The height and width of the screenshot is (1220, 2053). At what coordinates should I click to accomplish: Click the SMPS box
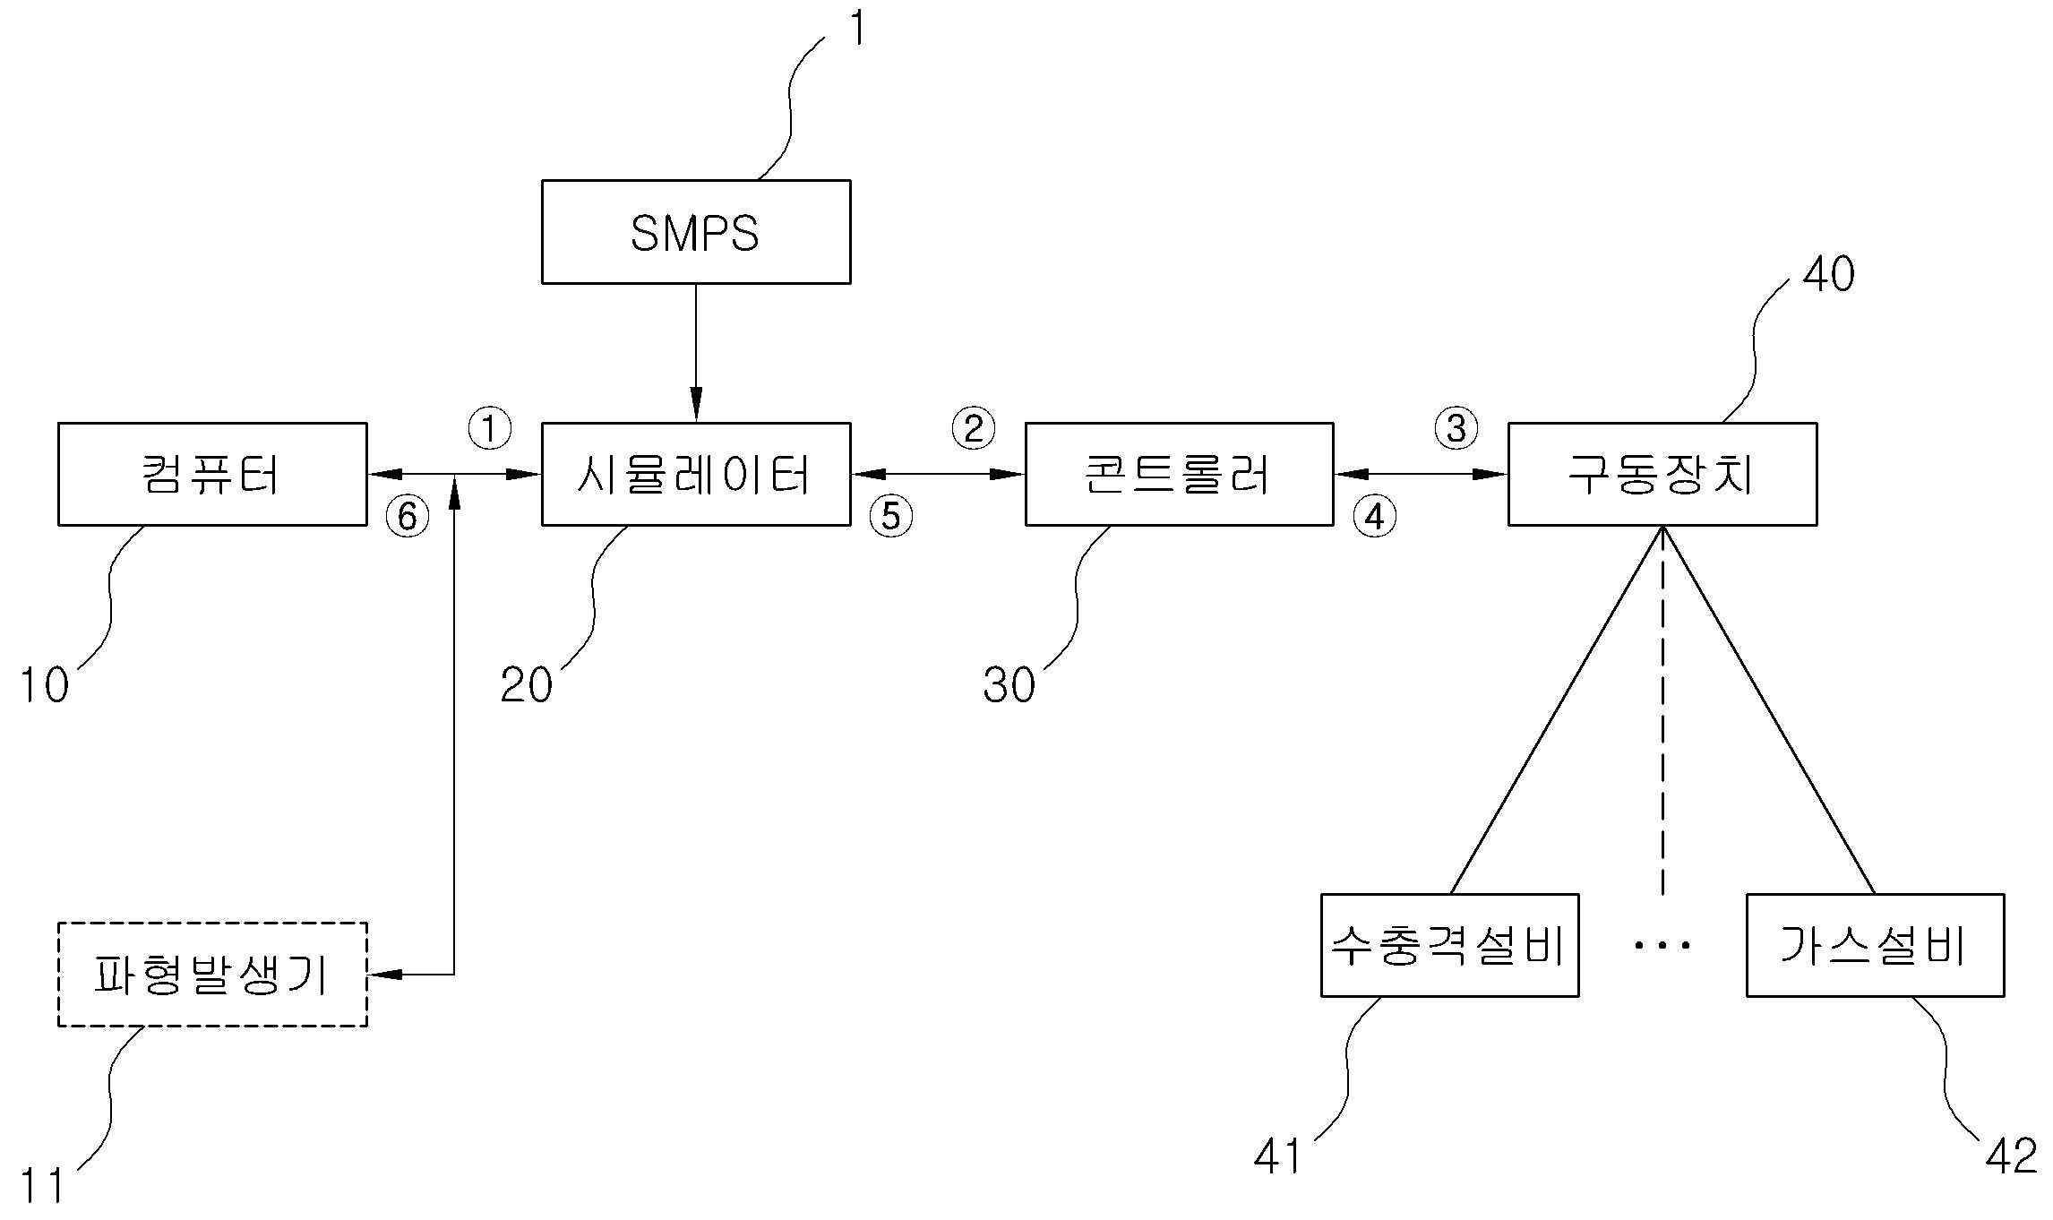(x=695, y=232)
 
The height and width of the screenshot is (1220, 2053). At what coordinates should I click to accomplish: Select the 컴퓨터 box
(x=212, y=474)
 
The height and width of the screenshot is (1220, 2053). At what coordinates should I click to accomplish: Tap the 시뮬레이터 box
(x=695, y=474)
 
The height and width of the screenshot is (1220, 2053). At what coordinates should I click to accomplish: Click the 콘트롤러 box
(x=1179, y=474)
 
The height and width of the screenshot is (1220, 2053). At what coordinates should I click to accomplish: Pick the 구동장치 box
(x=1662, y=474)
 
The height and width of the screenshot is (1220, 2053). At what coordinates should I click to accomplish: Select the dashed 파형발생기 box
(x=212, y=974)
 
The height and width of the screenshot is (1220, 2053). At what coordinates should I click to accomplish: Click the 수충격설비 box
(x=1448, y=945)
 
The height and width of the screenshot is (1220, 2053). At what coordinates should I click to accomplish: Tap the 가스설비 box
(x=1875, y=945)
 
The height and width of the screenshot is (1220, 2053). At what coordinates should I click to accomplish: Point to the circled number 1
(x=490, y=428)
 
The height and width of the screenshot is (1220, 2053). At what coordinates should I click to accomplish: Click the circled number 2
(x=973, y=428)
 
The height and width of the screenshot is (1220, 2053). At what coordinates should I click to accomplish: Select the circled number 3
(x=1456, y=428)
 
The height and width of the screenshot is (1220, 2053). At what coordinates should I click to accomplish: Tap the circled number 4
(x=1374, y=517)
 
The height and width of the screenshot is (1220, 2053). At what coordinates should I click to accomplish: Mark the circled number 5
(x=890, y=517)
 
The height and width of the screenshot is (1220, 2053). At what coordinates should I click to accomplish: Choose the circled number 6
(x=408, y=517)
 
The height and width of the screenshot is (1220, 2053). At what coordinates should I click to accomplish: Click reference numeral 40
(x=1827, y=274)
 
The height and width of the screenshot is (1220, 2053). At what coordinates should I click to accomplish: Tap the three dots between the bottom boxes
(x=1662, y=945)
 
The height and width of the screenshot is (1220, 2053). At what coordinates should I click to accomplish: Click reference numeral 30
(x=1009, y=686)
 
